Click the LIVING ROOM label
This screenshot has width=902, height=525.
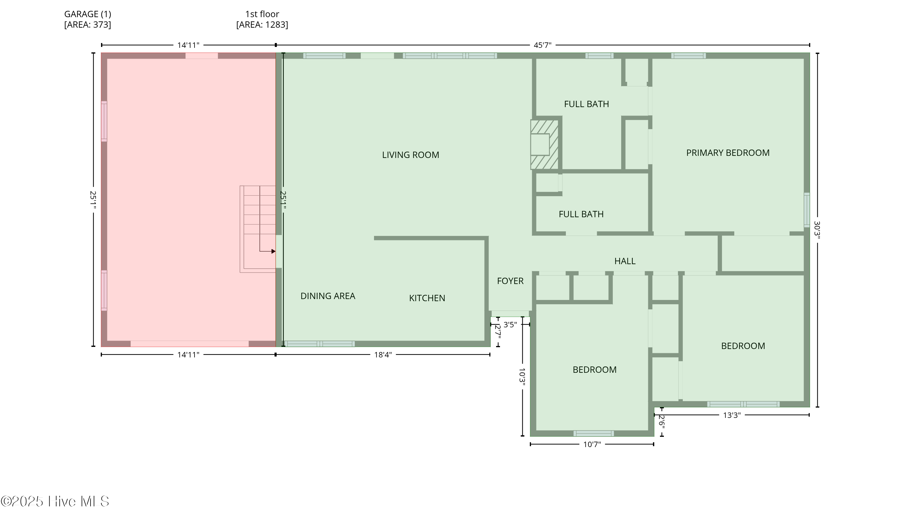(x=410, y=155)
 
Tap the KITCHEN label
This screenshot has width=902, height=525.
(x=427, y=298)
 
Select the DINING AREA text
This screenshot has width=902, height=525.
(x=327, y=296)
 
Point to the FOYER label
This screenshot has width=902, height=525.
(x=510, y=281)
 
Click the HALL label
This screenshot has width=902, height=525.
(x=625, y=261)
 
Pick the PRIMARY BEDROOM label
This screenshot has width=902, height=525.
(x=728, y=153)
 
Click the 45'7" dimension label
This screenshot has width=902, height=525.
(x=542, y=45)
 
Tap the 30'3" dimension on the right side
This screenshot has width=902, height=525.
(x=817, y=229)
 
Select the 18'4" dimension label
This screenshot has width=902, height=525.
(x=383, y=355)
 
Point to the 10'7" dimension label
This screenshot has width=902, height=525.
(x=592, y=444)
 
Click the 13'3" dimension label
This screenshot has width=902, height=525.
(x=732, y=415)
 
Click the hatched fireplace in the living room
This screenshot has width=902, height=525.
(x=544, y=144)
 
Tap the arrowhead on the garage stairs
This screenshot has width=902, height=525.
(x=274, y=252)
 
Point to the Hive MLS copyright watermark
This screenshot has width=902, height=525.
(x=55, y=501)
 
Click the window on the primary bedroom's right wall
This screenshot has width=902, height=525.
(x=807, y=210)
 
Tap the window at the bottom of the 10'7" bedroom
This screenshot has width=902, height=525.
(x=594, y=433)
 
